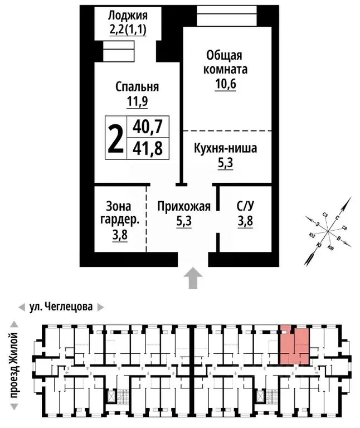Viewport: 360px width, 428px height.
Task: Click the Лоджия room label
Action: (127, 14)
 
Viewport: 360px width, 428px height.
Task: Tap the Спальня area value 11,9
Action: (137, 101)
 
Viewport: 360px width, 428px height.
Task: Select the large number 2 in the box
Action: (115, 138)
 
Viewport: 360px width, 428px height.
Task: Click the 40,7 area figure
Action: (148, 128)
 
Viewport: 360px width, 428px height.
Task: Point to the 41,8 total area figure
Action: (148, 148)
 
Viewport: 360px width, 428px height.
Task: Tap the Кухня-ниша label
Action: (226, 149)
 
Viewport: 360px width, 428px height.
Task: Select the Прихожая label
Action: (184, 207)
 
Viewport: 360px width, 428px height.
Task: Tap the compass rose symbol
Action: (328, 230)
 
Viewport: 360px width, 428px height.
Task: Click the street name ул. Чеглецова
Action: (61, 307)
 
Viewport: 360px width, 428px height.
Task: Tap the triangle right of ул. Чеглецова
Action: (100, 307)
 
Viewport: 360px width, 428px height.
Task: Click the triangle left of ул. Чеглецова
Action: (21, 307)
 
